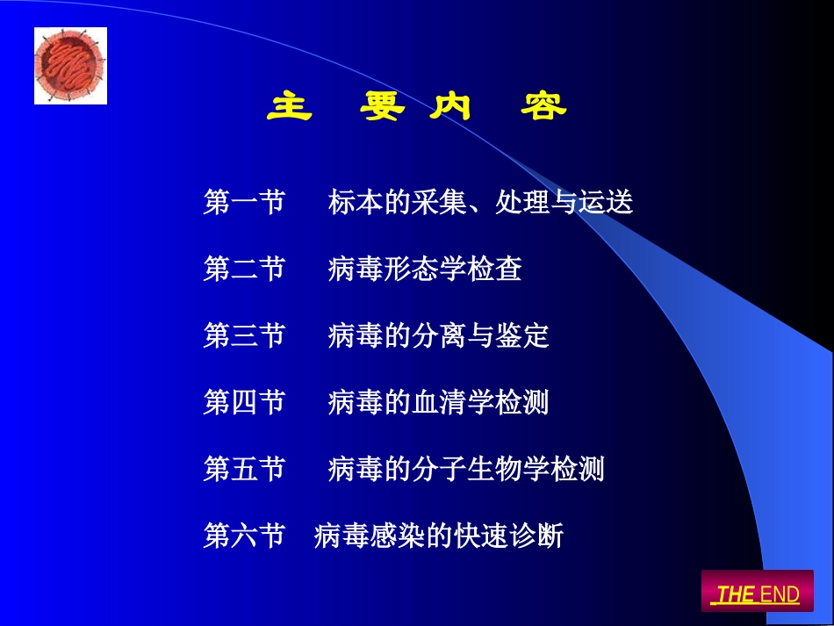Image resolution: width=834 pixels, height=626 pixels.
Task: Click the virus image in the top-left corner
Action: [x=70, y=65]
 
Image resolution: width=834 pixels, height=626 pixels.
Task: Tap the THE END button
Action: [x=757, y=594]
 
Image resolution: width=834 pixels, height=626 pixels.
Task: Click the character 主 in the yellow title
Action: [x=290, y=107]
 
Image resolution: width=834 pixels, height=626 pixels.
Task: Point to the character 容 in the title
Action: [x=543, y=107]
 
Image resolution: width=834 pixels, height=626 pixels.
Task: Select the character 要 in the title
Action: [x=383, y=107]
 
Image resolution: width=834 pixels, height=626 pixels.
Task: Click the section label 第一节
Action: [x=244, y=203]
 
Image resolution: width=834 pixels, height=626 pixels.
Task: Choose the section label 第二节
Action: [x=244, y=269]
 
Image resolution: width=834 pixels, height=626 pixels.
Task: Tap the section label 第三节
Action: [x=244, y=335]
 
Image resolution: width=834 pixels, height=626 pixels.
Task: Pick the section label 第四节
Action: [x=244, y=402]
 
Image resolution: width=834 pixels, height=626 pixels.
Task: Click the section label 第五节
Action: [x=244, y=469]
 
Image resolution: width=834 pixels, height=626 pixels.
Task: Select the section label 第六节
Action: [x=244, y=535]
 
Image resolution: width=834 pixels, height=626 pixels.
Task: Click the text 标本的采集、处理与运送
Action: [x=480, y=203]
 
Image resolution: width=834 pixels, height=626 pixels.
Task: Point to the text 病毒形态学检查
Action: [x=425, y=269]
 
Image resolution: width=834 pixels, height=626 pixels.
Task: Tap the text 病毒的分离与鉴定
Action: [x=439, y=335]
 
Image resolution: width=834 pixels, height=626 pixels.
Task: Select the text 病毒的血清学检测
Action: [x=439, y=402]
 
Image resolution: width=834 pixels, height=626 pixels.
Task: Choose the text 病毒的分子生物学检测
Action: [x=466, y=469]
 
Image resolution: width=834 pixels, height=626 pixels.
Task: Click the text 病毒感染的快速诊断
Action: [x=438, y=535]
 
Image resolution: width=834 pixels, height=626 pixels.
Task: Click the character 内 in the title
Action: [x=450, y=107]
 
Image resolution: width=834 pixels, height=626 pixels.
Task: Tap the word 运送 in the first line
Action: [x=606, y=203]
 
